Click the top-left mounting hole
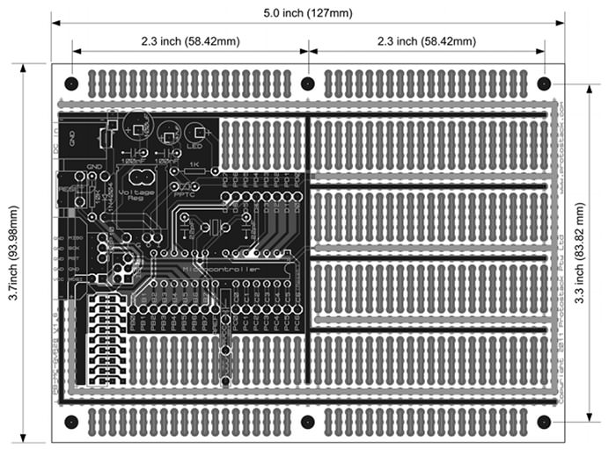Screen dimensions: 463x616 [71, 84]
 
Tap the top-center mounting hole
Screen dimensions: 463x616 [308, 84]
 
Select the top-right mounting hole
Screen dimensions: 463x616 [544, 84]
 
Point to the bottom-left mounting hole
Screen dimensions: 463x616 [71, 422]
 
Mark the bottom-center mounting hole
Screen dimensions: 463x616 [308, 422]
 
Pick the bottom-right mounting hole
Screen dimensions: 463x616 [544, 422]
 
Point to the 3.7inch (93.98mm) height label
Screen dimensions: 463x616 [13, 254]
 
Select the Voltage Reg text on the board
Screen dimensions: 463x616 [136, 195]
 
